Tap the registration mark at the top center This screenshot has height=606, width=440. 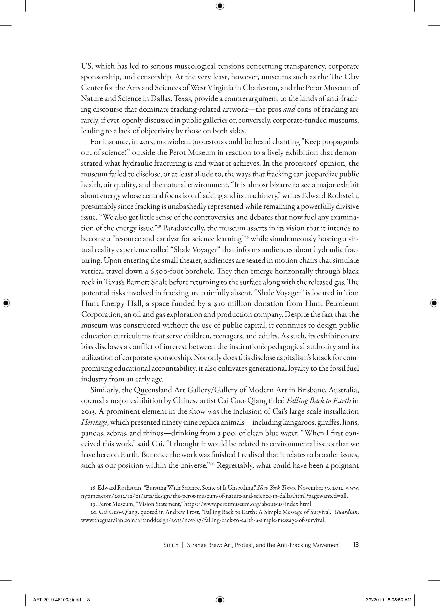pos(220,6)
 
